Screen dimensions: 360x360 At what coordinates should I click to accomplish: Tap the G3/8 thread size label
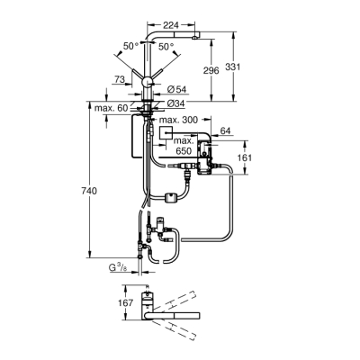(117, 266)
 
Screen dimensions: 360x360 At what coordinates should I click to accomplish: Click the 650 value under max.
(184, 153)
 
